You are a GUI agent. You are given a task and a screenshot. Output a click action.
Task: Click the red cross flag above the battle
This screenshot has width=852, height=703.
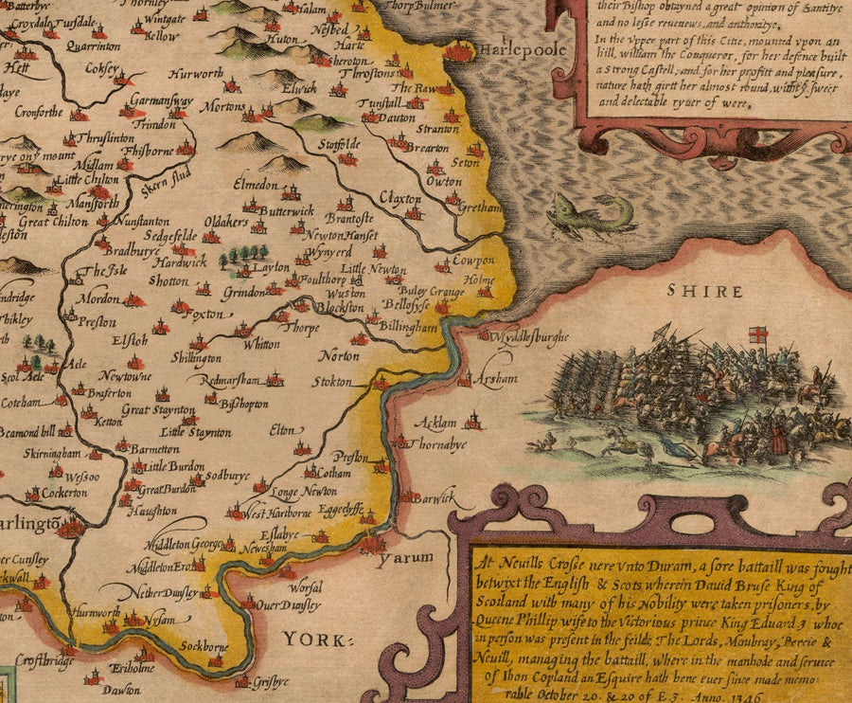[x=757, y=335]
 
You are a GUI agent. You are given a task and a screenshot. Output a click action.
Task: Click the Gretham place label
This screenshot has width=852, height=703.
[x=476, y=206]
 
